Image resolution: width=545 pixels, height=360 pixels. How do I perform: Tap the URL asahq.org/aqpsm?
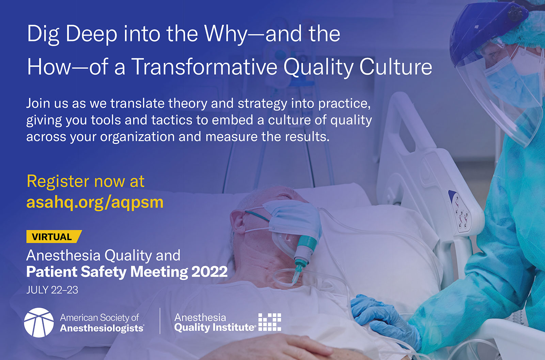[x=95, y=202]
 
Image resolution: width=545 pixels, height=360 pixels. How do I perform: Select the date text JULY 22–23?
[x=52, y=290]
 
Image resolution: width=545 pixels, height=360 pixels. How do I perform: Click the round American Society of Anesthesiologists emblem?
[x=39, y=322]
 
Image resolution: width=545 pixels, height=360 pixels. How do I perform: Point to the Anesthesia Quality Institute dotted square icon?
[x=270, y=322]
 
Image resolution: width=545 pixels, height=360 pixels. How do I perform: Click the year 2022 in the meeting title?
[x=209, y=272]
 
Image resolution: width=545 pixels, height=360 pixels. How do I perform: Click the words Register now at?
[x=85, y=181]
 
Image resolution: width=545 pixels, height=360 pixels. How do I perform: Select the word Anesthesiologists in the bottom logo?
[x=102, y=328]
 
